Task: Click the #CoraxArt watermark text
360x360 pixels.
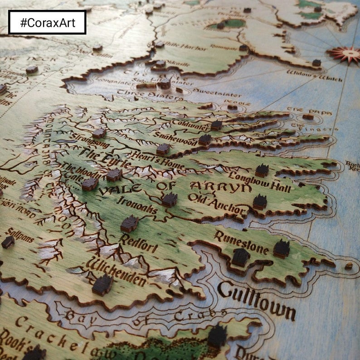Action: point(47,22)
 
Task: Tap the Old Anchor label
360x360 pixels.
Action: point(216,204)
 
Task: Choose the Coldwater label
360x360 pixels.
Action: point(191,125)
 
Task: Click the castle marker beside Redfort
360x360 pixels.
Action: point(129,224)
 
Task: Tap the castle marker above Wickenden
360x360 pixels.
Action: point(102,285)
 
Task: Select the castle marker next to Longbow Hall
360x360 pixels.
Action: point(262,170)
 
